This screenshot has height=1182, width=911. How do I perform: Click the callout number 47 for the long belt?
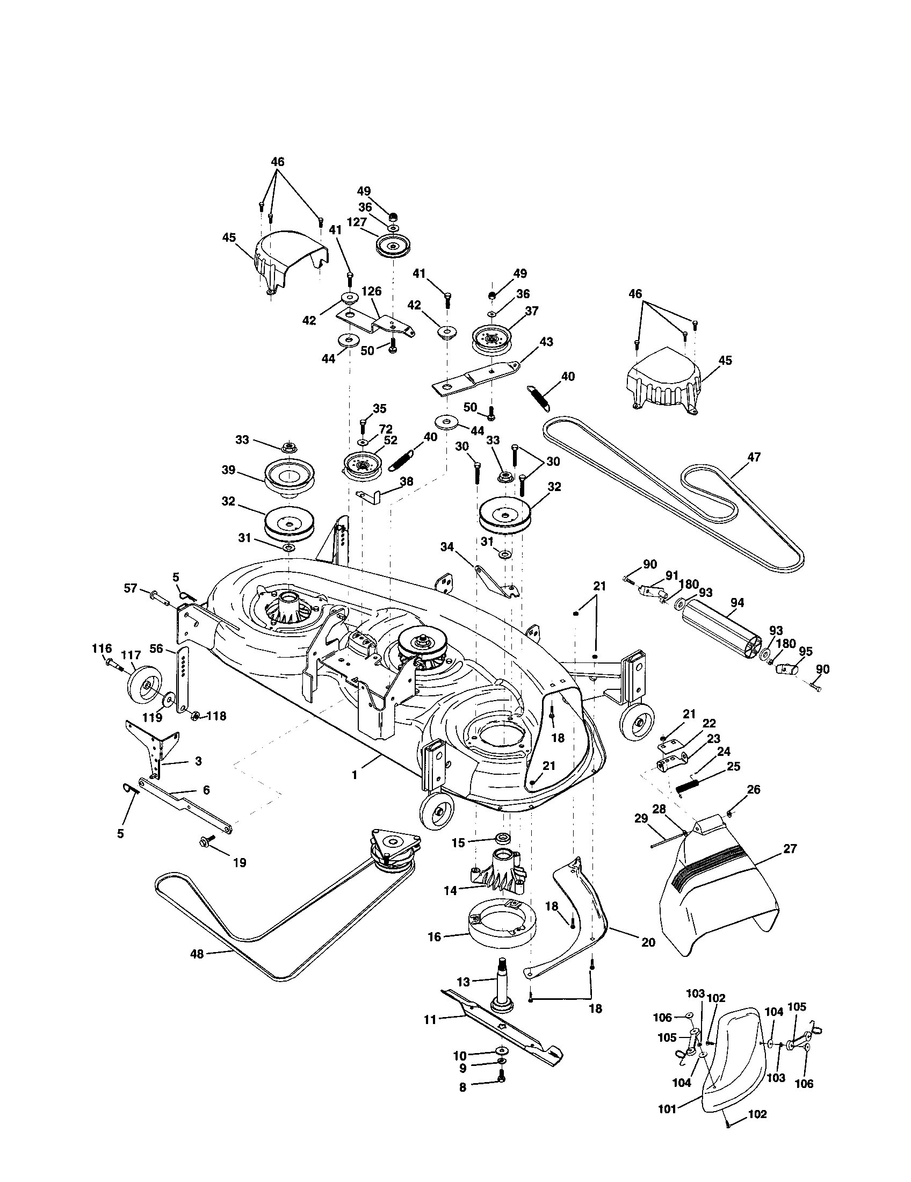coord(753,457)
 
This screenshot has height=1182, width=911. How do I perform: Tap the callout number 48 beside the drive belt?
coord(197,954)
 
